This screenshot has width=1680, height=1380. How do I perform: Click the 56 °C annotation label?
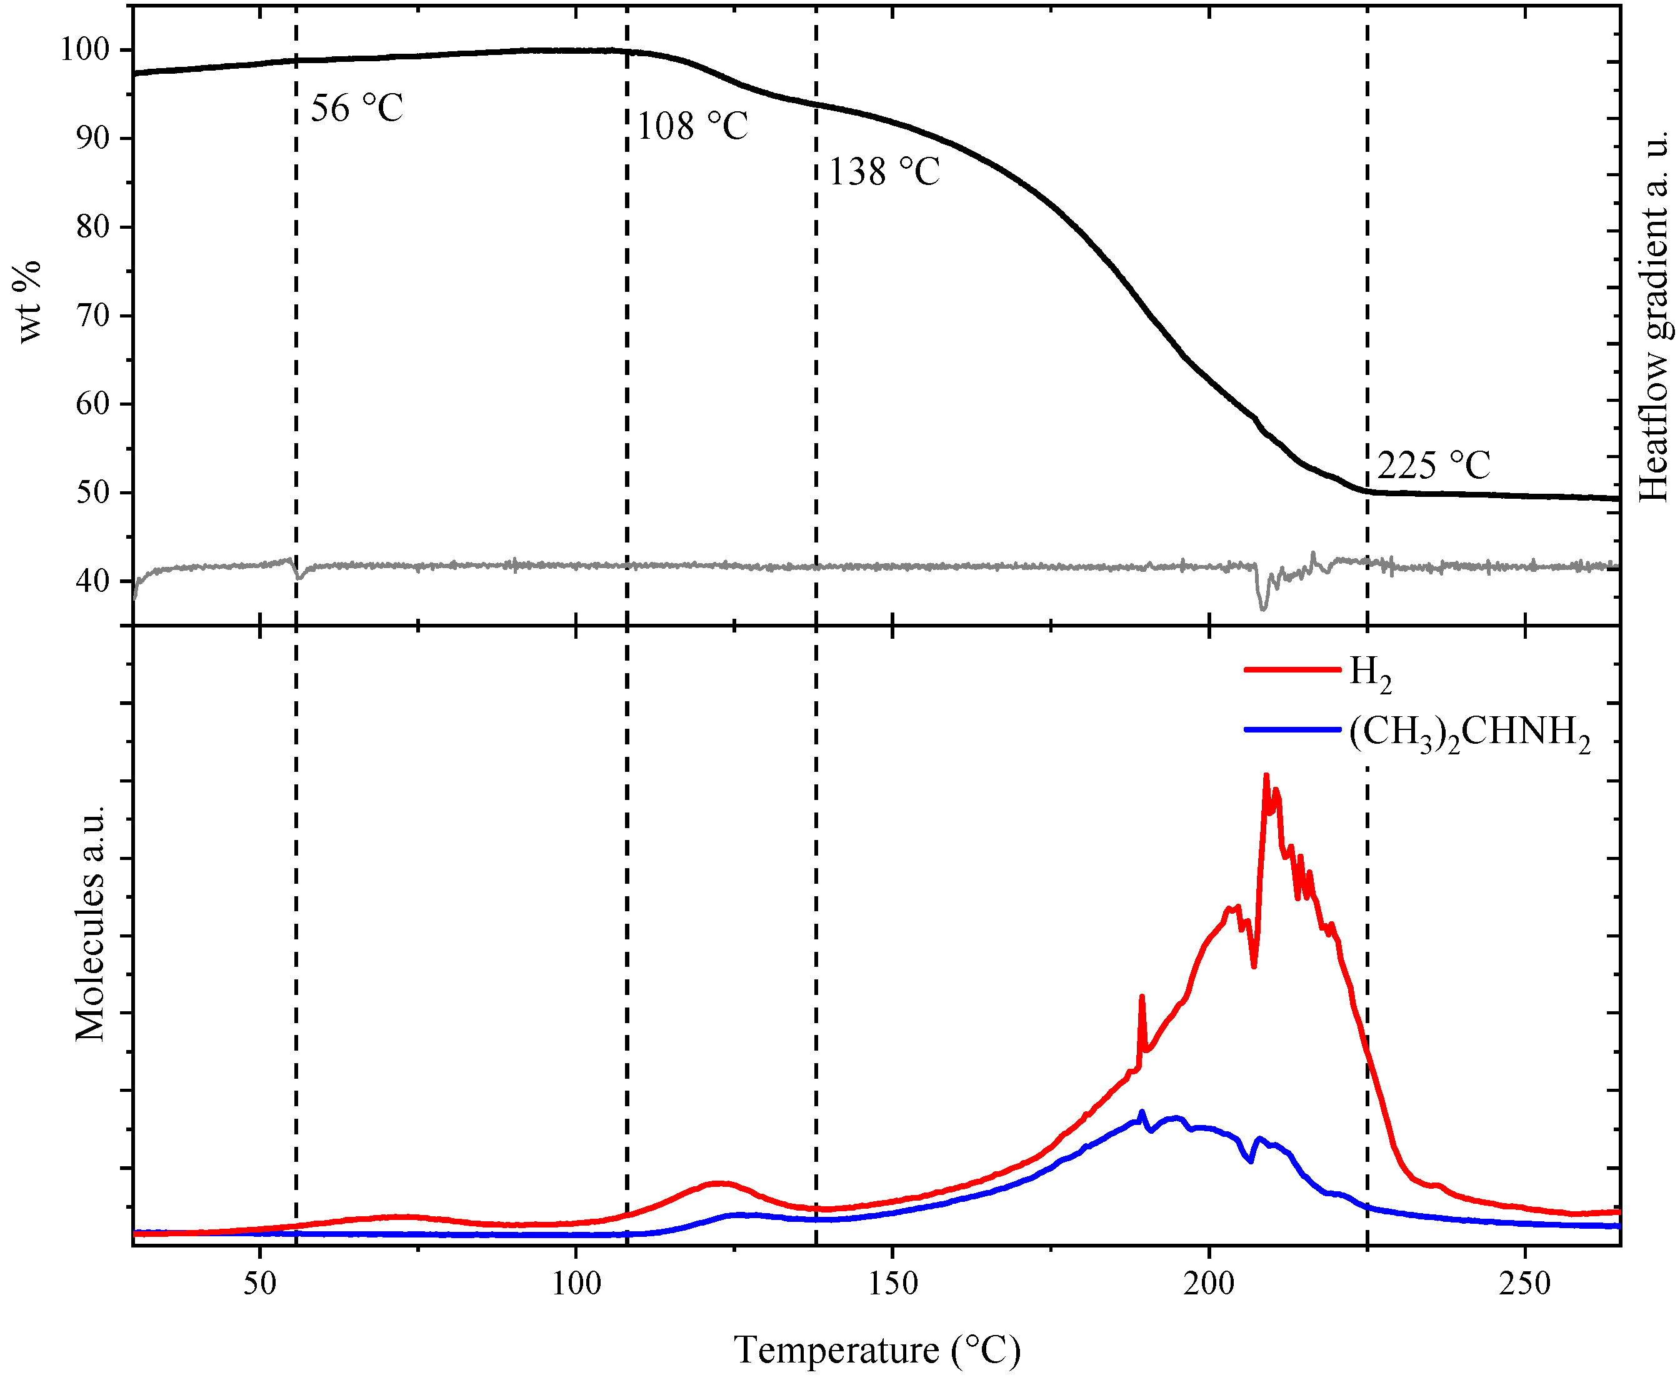tap(357, 108)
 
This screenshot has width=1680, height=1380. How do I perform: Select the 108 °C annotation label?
tap(692, 126)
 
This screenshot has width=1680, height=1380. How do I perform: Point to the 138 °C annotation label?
tap(884, 172)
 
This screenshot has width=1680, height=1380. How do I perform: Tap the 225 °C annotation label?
tap(1433, 465)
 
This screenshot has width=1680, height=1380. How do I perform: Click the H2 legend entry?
tap(1370, 672)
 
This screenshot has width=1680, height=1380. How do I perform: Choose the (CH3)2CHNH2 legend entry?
tap(1469, 732)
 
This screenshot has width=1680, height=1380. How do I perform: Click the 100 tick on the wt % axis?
tap(84, 49)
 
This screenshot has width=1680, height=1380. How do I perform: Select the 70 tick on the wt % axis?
tap(92, 315)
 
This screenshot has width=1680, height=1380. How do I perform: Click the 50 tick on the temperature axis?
tap(260, 1283)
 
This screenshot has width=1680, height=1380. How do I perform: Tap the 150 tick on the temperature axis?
tap(892, 1283)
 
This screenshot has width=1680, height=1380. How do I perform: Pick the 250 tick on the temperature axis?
tap(1525, 1283)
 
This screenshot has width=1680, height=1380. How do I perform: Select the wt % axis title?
tap(29, 301)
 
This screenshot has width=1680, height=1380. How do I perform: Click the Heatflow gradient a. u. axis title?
tap(1654, 315)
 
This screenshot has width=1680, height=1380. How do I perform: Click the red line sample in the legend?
tap(1292, 669)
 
